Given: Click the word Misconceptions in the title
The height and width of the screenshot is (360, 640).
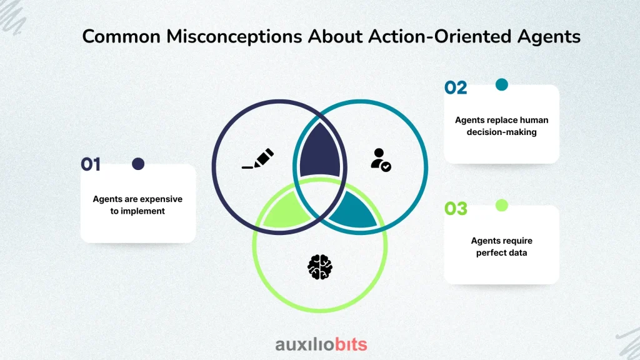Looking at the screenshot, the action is pyautogui.click(x=234, y=37).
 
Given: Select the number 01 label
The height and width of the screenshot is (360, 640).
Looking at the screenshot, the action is pyautogui.click(x=91, y=164).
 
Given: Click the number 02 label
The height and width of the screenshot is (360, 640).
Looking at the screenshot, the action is pyautogui.click(x=456, y=87).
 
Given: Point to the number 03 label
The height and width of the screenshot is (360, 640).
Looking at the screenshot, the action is pyautogui.click(x=456, y=209).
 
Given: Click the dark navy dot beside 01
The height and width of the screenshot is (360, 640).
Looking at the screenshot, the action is pyautogui.click(x=138, y=164).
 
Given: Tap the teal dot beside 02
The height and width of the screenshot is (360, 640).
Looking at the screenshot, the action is pyautogui.click(x=502, y=84).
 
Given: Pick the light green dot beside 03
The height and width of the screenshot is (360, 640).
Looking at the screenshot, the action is pyautogui.click(x=502, y=205).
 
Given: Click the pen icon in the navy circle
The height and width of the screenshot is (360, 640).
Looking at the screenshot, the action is pyautogui.click(x=258, y=158).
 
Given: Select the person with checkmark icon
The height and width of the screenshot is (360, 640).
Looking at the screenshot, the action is pyautogui.click(x=381, y=159).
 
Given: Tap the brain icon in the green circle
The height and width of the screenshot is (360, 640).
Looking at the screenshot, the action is pyautogui.click(x=320, y=267).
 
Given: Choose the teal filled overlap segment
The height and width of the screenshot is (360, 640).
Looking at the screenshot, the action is pyautogui.click(x=354, y=210).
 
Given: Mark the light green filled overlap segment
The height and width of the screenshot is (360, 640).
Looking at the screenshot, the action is pyautogui.click(x=286, y=210).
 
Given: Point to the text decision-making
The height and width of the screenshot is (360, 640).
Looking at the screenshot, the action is pyautogui.click(x=502, y=132).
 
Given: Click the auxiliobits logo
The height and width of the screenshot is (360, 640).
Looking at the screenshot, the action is pyautogui.click(x=321, y=344).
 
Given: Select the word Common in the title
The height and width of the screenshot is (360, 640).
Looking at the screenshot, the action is pyautogui.click(x=121, y=37).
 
